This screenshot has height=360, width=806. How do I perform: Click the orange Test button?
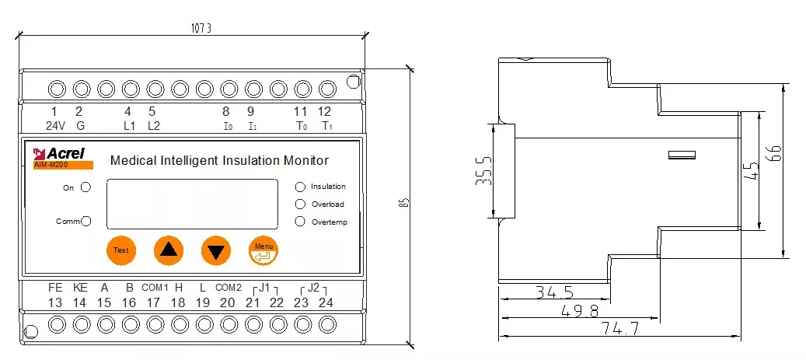120,250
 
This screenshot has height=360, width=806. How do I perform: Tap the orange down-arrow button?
216,251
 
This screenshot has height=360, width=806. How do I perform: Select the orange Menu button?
263,250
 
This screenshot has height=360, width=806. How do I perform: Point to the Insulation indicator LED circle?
300,187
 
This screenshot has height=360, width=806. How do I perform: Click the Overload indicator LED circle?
300,204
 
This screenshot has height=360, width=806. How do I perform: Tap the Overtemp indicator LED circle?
300,222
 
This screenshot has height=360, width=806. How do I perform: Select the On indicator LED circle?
85,187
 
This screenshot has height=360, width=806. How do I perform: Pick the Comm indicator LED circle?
86,222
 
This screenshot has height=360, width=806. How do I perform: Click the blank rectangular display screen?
192,203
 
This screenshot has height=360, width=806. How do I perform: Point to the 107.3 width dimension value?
201,29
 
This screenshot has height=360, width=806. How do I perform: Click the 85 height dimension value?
404,203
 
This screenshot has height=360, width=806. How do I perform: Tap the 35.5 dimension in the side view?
484,172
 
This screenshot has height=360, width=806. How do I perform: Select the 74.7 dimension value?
619,329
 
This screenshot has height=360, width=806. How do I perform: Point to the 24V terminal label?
54,125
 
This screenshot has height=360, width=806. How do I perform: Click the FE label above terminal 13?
54,286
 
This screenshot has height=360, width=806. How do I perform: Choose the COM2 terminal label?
229,287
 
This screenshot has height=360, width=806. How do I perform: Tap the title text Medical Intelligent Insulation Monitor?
220,161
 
